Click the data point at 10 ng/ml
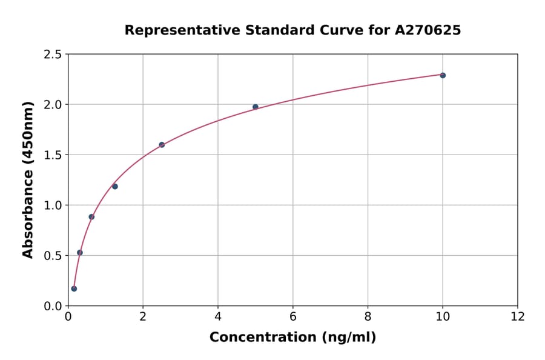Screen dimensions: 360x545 click(443, 75)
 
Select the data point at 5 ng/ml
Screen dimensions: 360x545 click(256, 107)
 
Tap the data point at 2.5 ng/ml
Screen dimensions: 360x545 click(162, 145)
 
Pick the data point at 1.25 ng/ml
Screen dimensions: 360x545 click(115, 186)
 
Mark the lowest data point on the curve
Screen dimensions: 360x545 click(74, 288)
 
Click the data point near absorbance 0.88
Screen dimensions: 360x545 click(91, 216)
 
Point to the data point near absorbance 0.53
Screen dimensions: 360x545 click(80, 252)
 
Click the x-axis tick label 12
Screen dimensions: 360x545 click(518, 317)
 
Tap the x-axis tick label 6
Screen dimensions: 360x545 click(293, 317)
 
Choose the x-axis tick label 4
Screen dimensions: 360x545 click(218, 317)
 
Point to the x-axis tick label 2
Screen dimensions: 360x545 click(143, 317)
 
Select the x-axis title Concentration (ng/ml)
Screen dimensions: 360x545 click(292, 338)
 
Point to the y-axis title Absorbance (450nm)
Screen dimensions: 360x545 click(28, 180)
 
